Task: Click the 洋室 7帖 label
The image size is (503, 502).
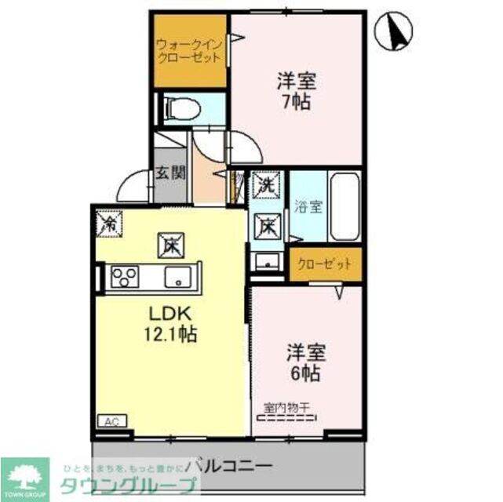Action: (296, 90)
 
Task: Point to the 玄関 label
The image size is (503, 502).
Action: (169, 173)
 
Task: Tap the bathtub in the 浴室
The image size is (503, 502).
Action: (344, 209)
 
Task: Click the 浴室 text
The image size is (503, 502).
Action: (308, 208)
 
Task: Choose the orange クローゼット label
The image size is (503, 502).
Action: (325, 264)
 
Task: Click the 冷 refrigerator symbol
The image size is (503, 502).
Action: (108, 223)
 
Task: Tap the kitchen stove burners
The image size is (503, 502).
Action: (124, 277)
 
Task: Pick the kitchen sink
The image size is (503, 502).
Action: (177, 277)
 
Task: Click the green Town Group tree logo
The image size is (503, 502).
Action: (24, 475)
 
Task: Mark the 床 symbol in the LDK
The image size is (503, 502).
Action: (170, 245)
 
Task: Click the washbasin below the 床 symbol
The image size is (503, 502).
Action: (268, 261)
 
